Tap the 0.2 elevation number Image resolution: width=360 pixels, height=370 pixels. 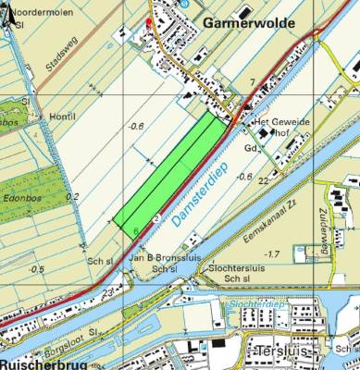(72, 196)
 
